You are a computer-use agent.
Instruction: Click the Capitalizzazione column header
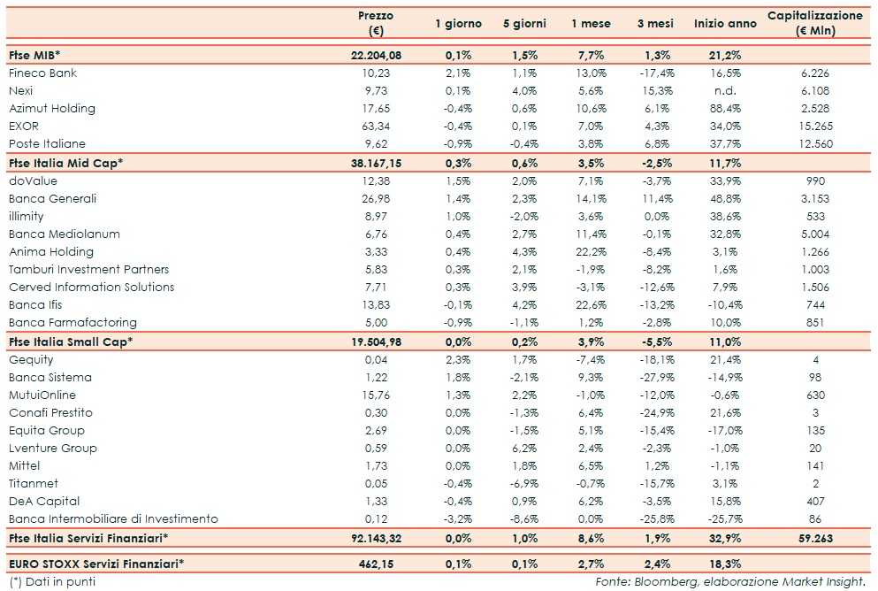point(814,23)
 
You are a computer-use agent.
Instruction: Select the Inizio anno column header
point(725,24)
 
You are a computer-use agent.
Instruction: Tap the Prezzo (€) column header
point(376,23)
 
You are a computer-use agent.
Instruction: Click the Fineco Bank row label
point(42,73)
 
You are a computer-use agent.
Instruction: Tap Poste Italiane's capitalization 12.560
point(814,143)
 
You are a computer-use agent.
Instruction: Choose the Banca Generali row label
point(52,198)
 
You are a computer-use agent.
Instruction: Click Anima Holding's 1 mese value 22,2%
point(592,251)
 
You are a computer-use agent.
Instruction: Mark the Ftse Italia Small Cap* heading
point(65,342)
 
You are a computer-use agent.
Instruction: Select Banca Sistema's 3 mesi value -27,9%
point(656,377)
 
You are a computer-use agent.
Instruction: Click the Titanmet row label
point(34,483)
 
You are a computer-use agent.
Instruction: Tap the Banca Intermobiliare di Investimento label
point(113,518)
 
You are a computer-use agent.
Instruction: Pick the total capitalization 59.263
point(814,538)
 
